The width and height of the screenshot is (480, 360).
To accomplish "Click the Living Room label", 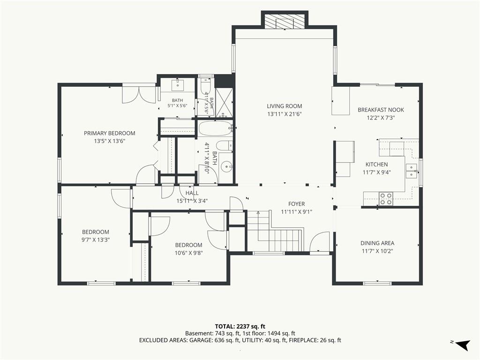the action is pyautogui.click(x=285, y=106).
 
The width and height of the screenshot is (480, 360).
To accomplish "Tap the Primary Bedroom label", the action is pyautogui.click(x=110, y=133).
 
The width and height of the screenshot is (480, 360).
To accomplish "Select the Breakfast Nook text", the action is pyautogui.click(x=381, y=110).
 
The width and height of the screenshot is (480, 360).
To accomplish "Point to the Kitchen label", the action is pyautogui.click(x=376, y=165).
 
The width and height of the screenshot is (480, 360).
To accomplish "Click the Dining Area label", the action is pyautogui.click(x=377, y=243).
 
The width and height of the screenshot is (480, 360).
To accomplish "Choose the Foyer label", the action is pyautogui.click(x=296, y=204).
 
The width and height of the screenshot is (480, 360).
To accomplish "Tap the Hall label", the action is pyautogui.click(x=192, y=193).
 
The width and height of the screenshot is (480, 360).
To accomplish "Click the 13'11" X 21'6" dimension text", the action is pyautogui.click(x=285, y=114).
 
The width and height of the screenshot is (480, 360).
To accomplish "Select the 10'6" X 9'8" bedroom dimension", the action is pyautogui.click(x=188, y=253).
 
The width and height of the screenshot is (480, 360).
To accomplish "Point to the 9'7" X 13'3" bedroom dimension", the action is pyautogui.click(x=96, y=240).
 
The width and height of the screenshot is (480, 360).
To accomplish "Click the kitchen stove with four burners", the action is pyautogui.click(x=386, y=198).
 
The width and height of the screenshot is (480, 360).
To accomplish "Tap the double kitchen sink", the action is pyautogui.click(x=411, y=171).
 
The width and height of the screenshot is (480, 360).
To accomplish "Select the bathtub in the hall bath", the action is pyautogui.click(x=215, y=128).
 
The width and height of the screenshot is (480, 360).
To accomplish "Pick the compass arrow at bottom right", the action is pyautogui.click(x=463, y=345).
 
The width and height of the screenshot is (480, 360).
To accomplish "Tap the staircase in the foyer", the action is pyautogui.click(x=275, y=230).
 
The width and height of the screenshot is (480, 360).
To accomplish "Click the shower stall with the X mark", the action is pyautogui.click(x=224, y=103).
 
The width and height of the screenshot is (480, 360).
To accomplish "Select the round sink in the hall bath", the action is pyautogui.click(x=226, y=166).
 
